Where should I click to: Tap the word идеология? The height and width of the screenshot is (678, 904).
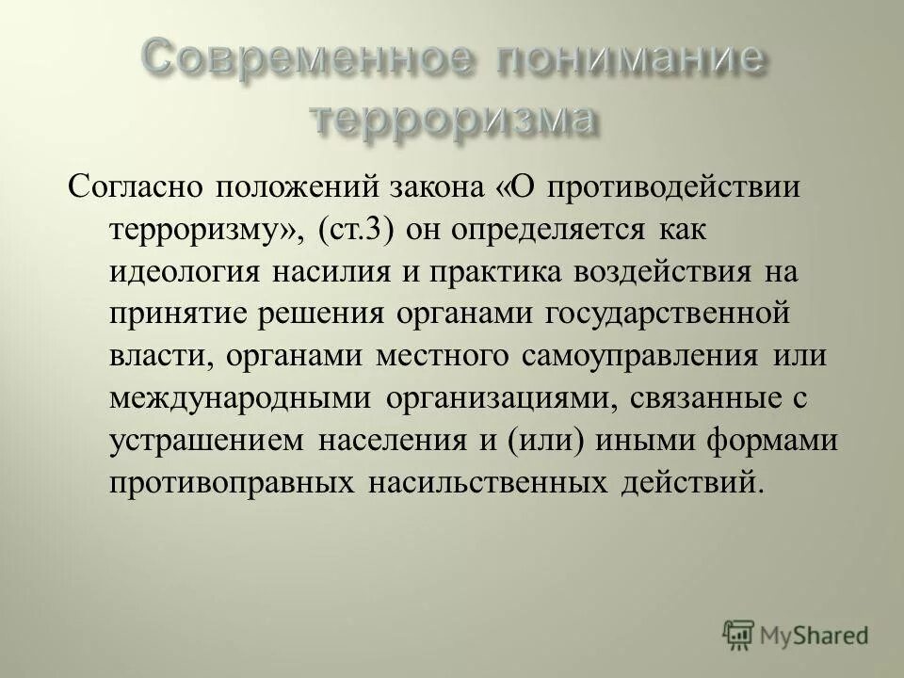coord(185,272)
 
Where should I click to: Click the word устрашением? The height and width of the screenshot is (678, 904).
coord(207,442)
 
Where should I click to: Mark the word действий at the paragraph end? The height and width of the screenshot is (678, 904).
coord(688,485)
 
